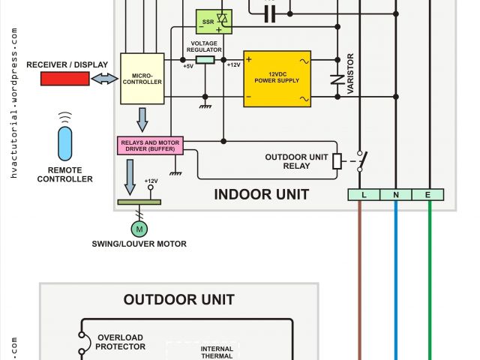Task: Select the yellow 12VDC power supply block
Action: [277, 79]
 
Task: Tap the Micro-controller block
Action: [142, 77]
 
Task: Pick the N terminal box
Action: [396, 195]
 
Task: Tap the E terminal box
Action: [428, 195]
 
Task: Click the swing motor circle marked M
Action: [138, 227]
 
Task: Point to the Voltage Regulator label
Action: [205, 46]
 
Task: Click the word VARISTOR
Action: [351, 75]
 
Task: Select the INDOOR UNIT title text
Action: [261, 195]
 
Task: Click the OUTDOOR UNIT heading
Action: [179, 300]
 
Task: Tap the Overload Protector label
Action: [119, 342]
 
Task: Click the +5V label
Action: [188, 66]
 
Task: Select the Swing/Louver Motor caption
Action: [139, 244]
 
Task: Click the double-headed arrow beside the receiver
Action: [104, 79]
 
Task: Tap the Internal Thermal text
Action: [217, 352]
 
